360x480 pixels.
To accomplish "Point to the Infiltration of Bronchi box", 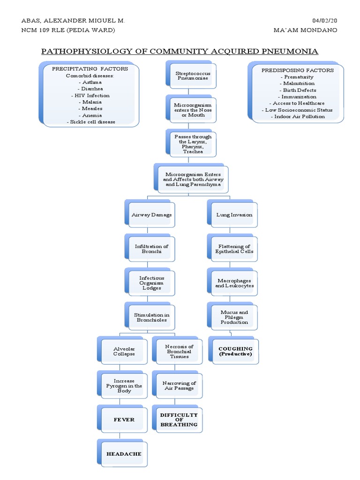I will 151,249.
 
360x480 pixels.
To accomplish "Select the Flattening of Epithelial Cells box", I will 234,249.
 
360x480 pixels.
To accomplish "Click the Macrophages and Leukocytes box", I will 234,283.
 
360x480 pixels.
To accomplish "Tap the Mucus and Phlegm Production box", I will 234,317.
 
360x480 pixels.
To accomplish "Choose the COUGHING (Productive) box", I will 235,352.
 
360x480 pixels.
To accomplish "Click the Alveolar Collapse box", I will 124,351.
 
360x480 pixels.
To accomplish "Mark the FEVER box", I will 124,420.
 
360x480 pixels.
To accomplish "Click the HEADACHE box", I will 124,454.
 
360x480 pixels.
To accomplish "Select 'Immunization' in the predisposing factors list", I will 299,97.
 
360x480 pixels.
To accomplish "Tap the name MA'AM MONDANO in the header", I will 305,30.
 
